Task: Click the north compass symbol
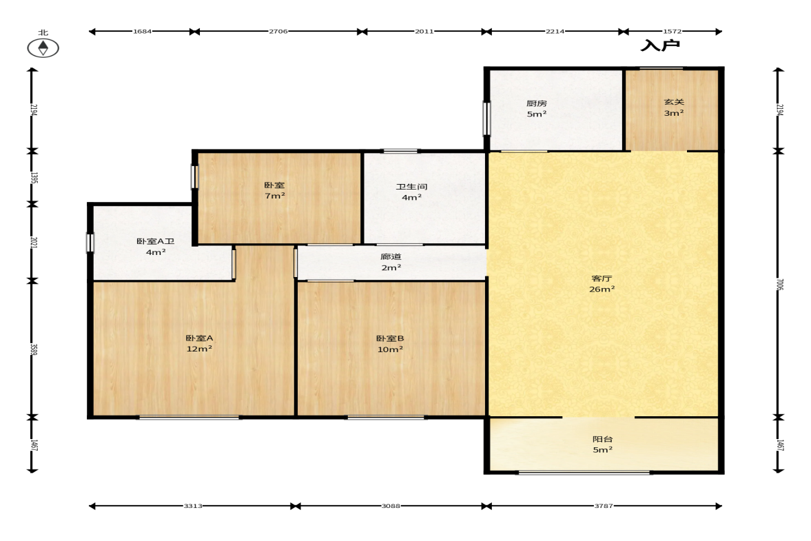point(43,48)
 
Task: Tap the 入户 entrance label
point(660,45)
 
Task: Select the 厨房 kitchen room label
point(536,109)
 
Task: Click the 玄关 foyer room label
point(674,108)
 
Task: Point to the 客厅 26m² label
point(602,284)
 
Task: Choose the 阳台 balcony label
point(602,445)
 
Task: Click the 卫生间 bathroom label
point(412,192)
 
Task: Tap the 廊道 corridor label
point(391,262)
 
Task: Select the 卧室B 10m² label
point(390,344)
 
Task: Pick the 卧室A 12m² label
point(199,343)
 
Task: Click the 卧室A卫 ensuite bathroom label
point(155,247)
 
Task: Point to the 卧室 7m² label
point(275,190)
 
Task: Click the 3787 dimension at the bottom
point(604,506)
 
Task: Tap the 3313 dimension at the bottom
point(193,506)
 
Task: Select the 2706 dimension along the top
point(278,32)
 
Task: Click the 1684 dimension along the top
point(142,32)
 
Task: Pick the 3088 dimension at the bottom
point(391,506)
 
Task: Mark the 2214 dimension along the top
point(555,32)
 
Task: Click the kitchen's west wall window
point(486,119)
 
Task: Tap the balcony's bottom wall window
point(584,472)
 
